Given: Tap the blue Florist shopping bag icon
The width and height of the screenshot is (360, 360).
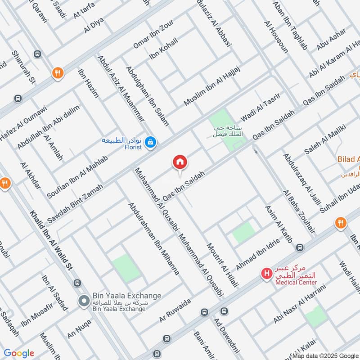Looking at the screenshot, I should (152, 142).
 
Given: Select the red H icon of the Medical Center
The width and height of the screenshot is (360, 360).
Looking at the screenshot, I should (267, 273).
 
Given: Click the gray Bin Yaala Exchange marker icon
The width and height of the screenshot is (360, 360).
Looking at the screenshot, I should (84, 301).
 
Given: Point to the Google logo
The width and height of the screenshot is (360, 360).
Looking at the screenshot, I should (18, 353).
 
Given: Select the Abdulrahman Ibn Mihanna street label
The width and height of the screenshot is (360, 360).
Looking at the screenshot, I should (154, 238).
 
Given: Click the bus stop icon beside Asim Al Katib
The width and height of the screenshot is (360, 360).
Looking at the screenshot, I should (299, 247).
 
